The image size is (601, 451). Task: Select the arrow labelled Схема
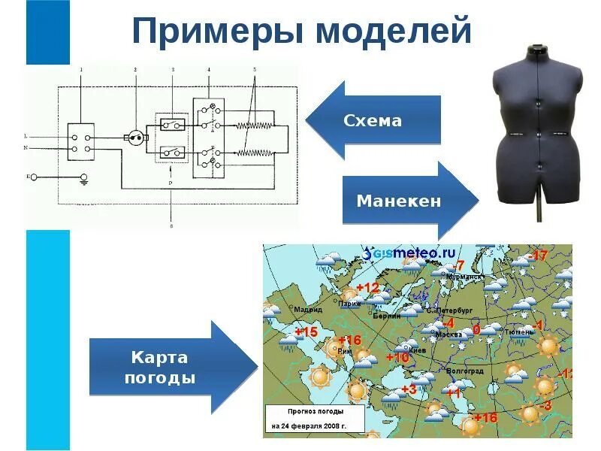coord(373,120)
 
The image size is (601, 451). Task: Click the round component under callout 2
coord(135,138)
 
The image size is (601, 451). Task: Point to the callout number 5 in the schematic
coord(255,70)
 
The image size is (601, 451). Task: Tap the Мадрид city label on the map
coord(308,310)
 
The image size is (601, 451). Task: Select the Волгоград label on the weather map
coord(465,371)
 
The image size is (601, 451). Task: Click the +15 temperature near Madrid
coord(307,332)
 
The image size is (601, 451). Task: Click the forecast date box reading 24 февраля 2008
coord(315,419)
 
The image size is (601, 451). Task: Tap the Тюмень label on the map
coord(518,331)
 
